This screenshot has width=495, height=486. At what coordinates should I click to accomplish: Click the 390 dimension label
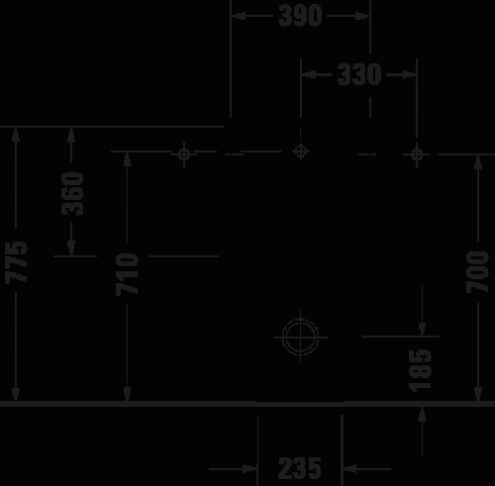tap(300, 17)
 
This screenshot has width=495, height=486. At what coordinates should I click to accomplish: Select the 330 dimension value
tap(358, 75)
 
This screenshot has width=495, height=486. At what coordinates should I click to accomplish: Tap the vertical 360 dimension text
tap(71, 193)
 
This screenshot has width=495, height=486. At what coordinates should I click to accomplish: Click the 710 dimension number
tap(128, 274)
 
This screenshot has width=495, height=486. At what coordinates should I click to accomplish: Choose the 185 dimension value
tap(421, 366)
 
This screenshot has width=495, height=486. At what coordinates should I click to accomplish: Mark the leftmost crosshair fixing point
tap(183, 153)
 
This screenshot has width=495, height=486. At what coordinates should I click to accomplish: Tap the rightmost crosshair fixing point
tap(417, 153)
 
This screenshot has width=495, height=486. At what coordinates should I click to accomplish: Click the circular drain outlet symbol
tap(300, 336)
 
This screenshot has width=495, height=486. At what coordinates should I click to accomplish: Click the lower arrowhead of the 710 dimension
tap(128, 395)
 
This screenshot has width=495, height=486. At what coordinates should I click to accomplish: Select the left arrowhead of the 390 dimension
tap(240, 17)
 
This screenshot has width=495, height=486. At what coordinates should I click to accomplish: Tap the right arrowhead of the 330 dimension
tap(409, 75)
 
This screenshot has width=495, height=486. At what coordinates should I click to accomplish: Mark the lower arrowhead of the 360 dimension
tap(71, 247)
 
